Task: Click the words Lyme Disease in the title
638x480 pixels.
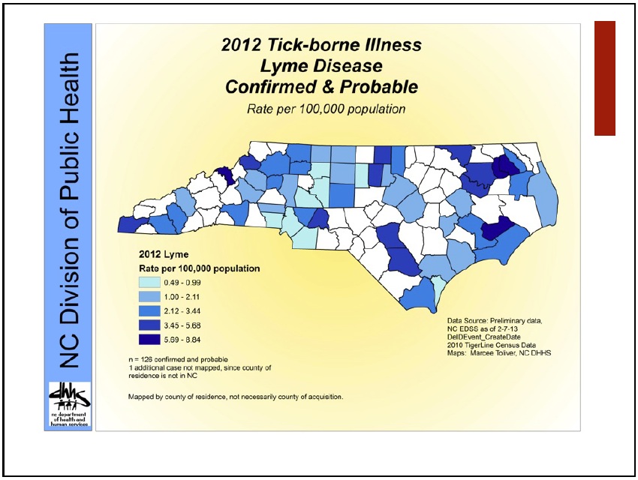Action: [321, 66]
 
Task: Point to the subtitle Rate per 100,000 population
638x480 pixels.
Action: [326, 109]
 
